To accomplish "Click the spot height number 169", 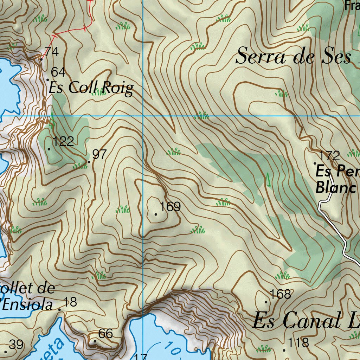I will coord(170,207).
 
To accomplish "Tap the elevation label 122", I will coord(63,142).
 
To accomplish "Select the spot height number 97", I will coord(99,154).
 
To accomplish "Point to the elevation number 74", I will coord(51,52).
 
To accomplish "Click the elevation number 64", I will coord(58,72).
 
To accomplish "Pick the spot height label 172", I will coord(329,155).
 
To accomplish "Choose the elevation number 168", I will coord(280,294).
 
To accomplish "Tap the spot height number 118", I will coord(298,342).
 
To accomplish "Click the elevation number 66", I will coord(105,334).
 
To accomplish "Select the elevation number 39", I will coord(16,345).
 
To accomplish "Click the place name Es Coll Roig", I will coord(91,88).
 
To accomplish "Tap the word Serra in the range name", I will coord(261,57).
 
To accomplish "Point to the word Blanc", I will coord(336,187).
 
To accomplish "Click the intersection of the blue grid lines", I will coord(143,115).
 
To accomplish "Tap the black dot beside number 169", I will coord(156,214).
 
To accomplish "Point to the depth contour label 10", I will coord(173,349).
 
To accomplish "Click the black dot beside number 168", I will coord(266,302).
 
